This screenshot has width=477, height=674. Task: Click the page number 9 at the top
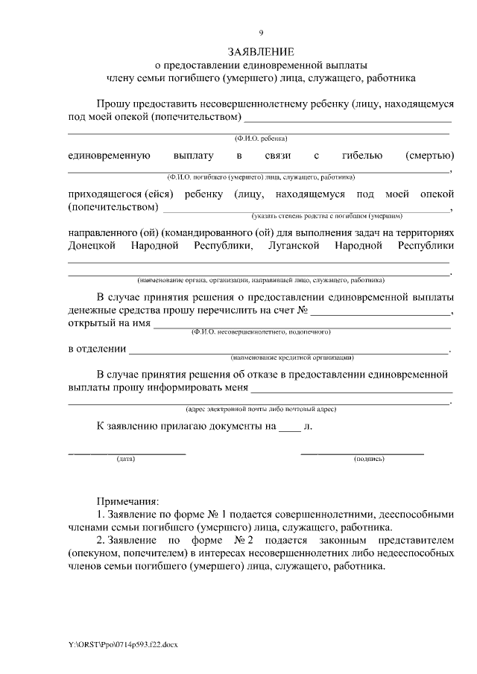(x=261, y=32)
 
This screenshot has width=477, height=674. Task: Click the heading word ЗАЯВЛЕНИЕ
(x=261, y=51)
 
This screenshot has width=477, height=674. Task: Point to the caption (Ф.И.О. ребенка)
(x=261, y=139)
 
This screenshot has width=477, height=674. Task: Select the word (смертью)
(x=429, y=156)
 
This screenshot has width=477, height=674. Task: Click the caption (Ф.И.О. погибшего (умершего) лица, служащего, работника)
(x=261, y=177)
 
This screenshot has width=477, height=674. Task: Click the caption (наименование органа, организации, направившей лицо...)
(x=261, y=280)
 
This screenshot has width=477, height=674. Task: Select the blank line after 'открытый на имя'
(x=302, y=326)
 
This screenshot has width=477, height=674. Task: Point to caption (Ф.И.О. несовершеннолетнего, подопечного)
(x=261, y=331)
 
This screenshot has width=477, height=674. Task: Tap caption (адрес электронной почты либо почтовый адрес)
(x=261, y=409)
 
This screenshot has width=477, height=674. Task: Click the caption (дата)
(x=126, y=459)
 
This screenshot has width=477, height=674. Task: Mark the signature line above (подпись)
(x=362, y=453)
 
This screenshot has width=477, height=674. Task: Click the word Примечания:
(x=127, y=501)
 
